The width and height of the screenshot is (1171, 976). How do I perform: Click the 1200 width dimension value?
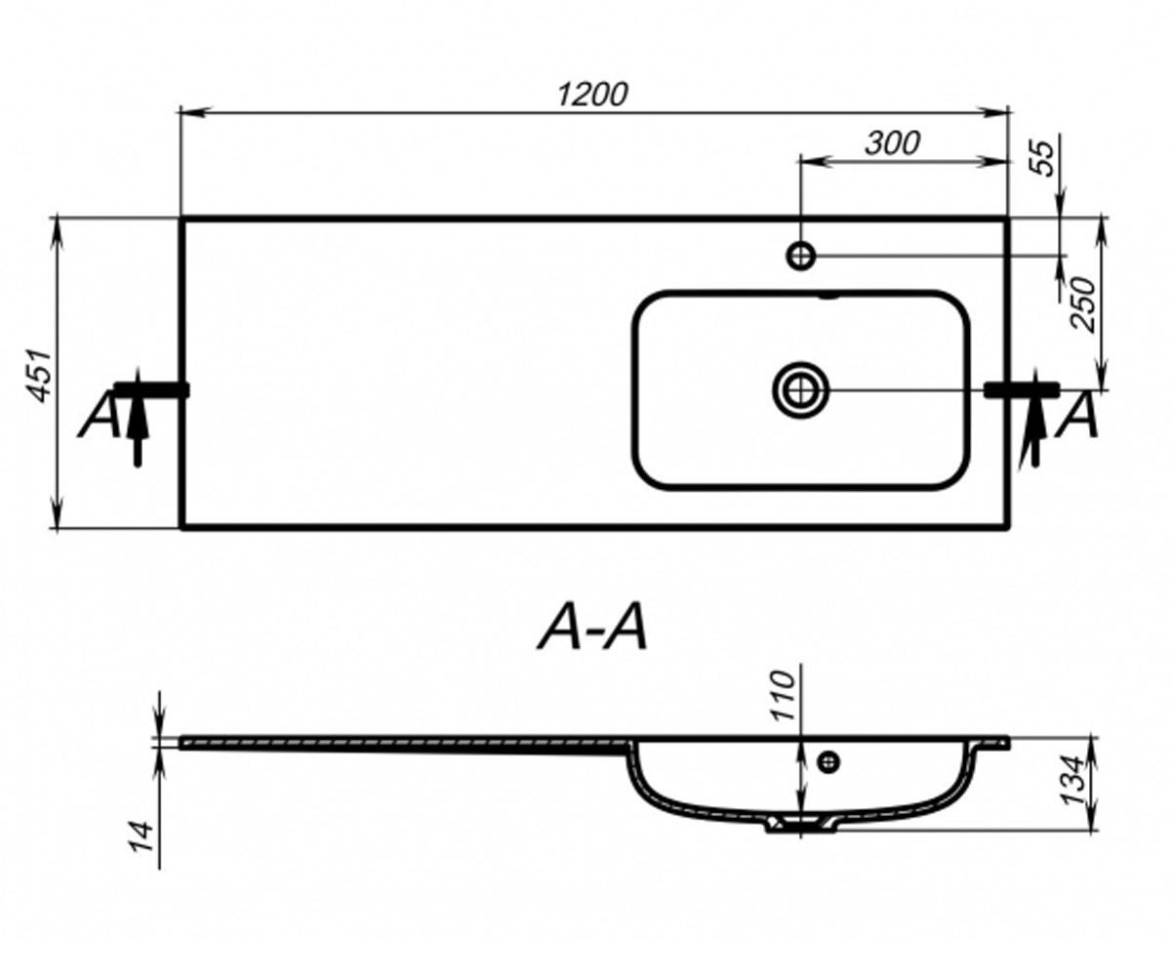coord(592,95)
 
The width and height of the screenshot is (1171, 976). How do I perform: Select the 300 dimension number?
coord(893,143)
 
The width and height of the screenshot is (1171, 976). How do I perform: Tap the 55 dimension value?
coord(1044,158)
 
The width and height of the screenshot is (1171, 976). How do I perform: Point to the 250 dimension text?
coord(1083,305)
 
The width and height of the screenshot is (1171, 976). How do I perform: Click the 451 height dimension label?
coord(40,376)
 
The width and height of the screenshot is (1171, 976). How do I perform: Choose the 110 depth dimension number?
coord(783,696)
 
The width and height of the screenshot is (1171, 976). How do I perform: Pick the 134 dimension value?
coord(1073,780)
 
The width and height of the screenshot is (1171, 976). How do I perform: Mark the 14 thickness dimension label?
coord(142,836)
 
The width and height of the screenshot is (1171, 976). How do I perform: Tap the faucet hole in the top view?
coord(801,256)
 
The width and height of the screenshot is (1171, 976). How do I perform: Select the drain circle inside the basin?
coord(800,390)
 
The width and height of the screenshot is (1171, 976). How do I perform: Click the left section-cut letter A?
coord(100,416)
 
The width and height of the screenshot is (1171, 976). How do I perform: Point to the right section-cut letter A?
coord(1076,416)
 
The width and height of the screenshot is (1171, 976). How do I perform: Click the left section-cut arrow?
coord(138,418)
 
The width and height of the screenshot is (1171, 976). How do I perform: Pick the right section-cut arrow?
coord(1034,419)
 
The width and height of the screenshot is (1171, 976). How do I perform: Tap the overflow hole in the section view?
coord(828,761)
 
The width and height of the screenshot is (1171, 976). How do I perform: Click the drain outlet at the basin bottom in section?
coord(801,824)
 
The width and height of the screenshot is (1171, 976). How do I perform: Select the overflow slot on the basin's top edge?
coord(828,296)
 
